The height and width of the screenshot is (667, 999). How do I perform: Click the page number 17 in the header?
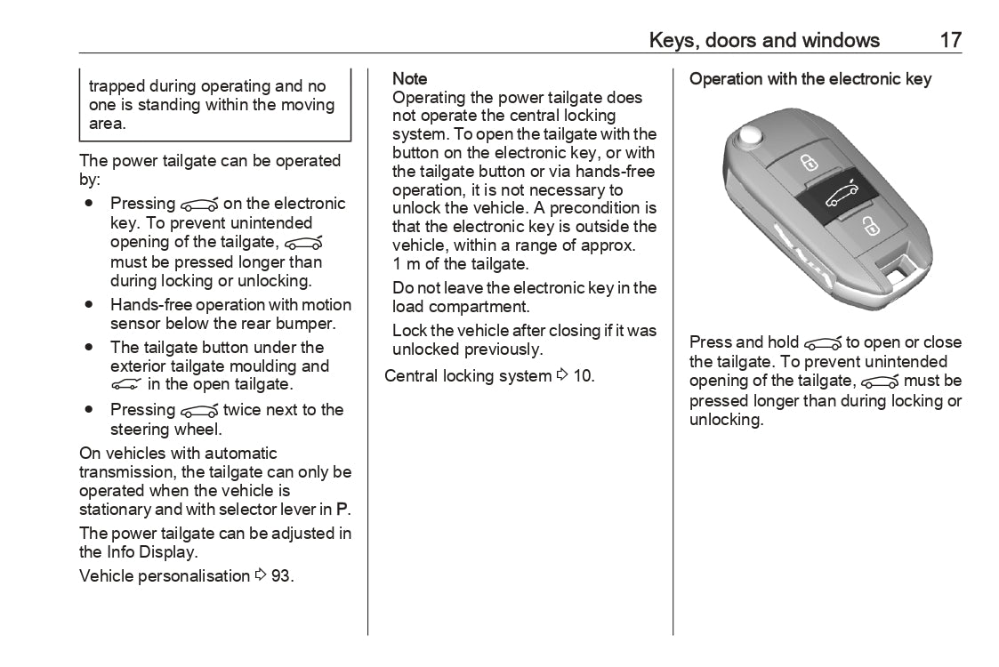pyautogui.click(x=950, y=40)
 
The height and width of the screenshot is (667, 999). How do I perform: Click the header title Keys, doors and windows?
pyautogui.click(x=764, y=40)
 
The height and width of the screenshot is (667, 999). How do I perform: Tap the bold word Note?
pyautogui.click(x=410, y=79)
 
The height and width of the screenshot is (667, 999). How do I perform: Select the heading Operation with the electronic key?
pyautogui.click(x=810, y=79)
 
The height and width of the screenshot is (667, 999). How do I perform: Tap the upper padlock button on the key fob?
pyautogui.click(x=808, y=163)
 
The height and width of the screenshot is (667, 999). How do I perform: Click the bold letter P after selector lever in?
pyautogui.click(x=342, y=510)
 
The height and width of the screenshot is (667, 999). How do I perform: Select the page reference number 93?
pyautogui.click(x=282, y=576)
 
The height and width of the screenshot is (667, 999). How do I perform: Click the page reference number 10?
pyautogui.click(x=583, y=376)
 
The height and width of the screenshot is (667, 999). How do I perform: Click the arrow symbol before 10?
pyautogui.click(x=561, y=376)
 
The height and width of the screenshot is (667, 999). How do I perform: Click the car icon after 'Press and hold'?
pyautogui.click(x=822, y=343)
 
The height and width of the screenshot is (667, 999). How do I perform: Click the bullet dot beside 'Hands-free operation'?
pyautogui.click(x=90, y=304)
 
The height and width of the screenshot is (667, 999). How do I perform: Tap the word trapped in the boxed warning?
pyautogui.click(x=117, y=86)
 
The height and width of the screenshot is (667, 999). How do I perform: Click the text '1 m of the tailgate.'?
pyautogui.click(x=461, y=264)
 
